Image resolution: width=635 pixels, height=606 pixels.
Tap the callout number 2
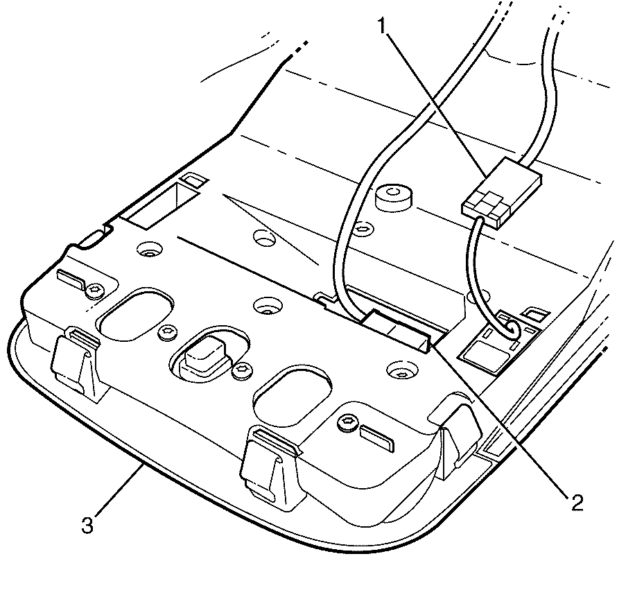click(577, 503)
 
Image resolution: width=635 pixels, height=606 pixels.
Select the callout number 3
click(87, 525)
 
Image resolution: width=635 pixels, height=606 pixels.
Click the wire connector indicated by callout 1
click(502, 193)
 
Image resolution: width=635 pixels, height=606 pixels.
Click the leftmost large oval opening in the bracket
click(137, 314)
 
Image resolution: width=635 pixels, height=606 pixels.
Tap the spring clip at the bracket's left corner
click(75, 361)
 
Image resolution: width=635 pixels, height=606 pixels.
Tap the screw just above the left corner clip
click(96, 290)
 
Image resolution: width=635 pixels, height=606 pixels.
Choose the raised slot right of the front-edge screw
click(376, 438)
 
